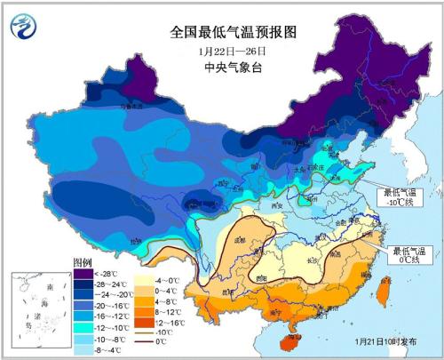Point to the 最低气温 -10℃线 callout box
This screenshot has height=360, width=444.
coord(402,196)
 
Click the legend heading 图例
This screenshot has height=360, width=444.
coord(82,262)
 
